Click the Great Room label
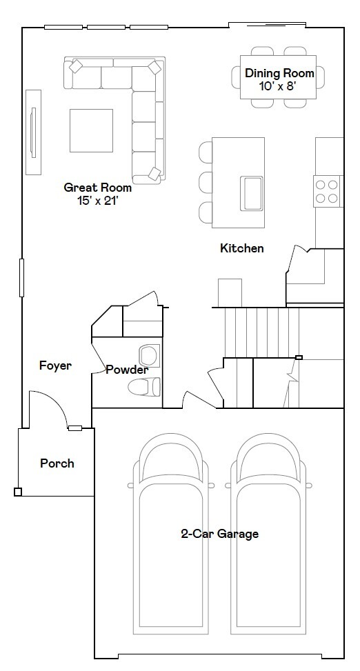click(97, 187)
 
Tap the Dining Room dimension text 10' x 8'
click(279, 86)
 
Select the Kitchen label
click(241, 248)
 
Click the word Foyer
click(55, 365)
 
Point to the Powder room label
click(126, 370)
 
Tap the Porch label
click(57, 463)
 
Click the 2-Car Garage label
click(219, 534)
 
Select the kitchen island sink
click(251, 193)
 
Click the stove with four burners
click(328, 191)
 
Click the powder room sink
click(149, 355)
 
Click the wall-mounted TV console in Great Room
click(32, 132)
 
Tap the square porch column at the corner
click(18, 492)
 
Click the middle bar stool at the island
click(206, 182)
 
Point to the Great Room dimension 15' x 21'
click(104, 201)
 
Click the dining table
click(279, 77)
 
